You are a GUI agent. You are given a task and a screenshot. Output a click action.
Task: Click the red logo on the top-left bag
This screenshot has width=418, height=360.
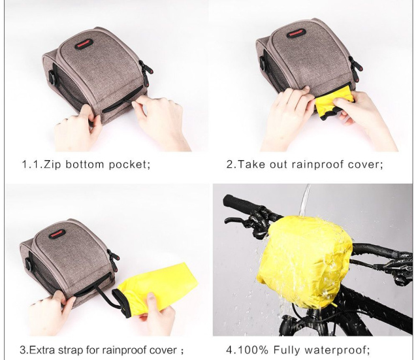pos(84,44)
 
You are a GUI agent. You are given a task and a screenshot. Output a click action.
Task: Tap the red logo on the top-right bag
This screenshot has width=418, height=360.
pos(295,34)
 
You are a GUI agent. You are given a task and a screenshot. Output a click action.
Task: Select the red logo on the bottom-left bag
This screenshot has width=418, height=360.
pos(57,235)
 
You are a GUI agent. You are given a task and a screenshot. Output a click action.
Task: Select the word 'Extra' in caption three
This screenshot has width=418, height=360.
pos(42,350)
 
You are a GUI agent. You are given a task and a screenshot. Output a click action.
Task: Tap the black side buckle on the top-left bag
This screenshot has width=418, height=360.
pos(53,77)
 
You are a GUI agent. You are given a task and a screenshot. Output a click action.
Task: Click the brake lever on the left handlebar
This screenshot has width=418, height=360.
pos(238,222)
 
